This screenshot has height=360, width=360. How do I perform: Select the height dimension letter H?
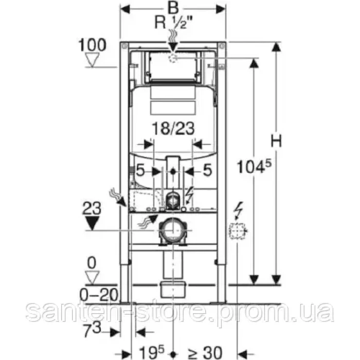coord(276,141)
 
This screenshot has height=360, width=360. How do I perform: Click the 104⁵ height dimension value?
coord(254,166)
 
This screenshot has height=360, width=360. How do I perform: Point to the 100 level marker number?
coord(92,45)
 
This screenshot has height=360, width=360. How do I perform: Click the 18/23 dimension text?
coord(174,128)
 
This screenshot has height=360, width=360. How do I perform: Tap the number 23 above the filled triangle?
coord(92,208)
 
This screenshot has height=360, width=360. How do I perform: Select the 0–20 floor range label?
coord(99,295)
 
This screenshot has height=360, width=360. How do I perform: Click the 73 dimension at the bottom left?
coord(92,329)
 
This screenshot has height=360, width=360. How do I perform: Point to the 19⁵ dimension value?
coord(152,352)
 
